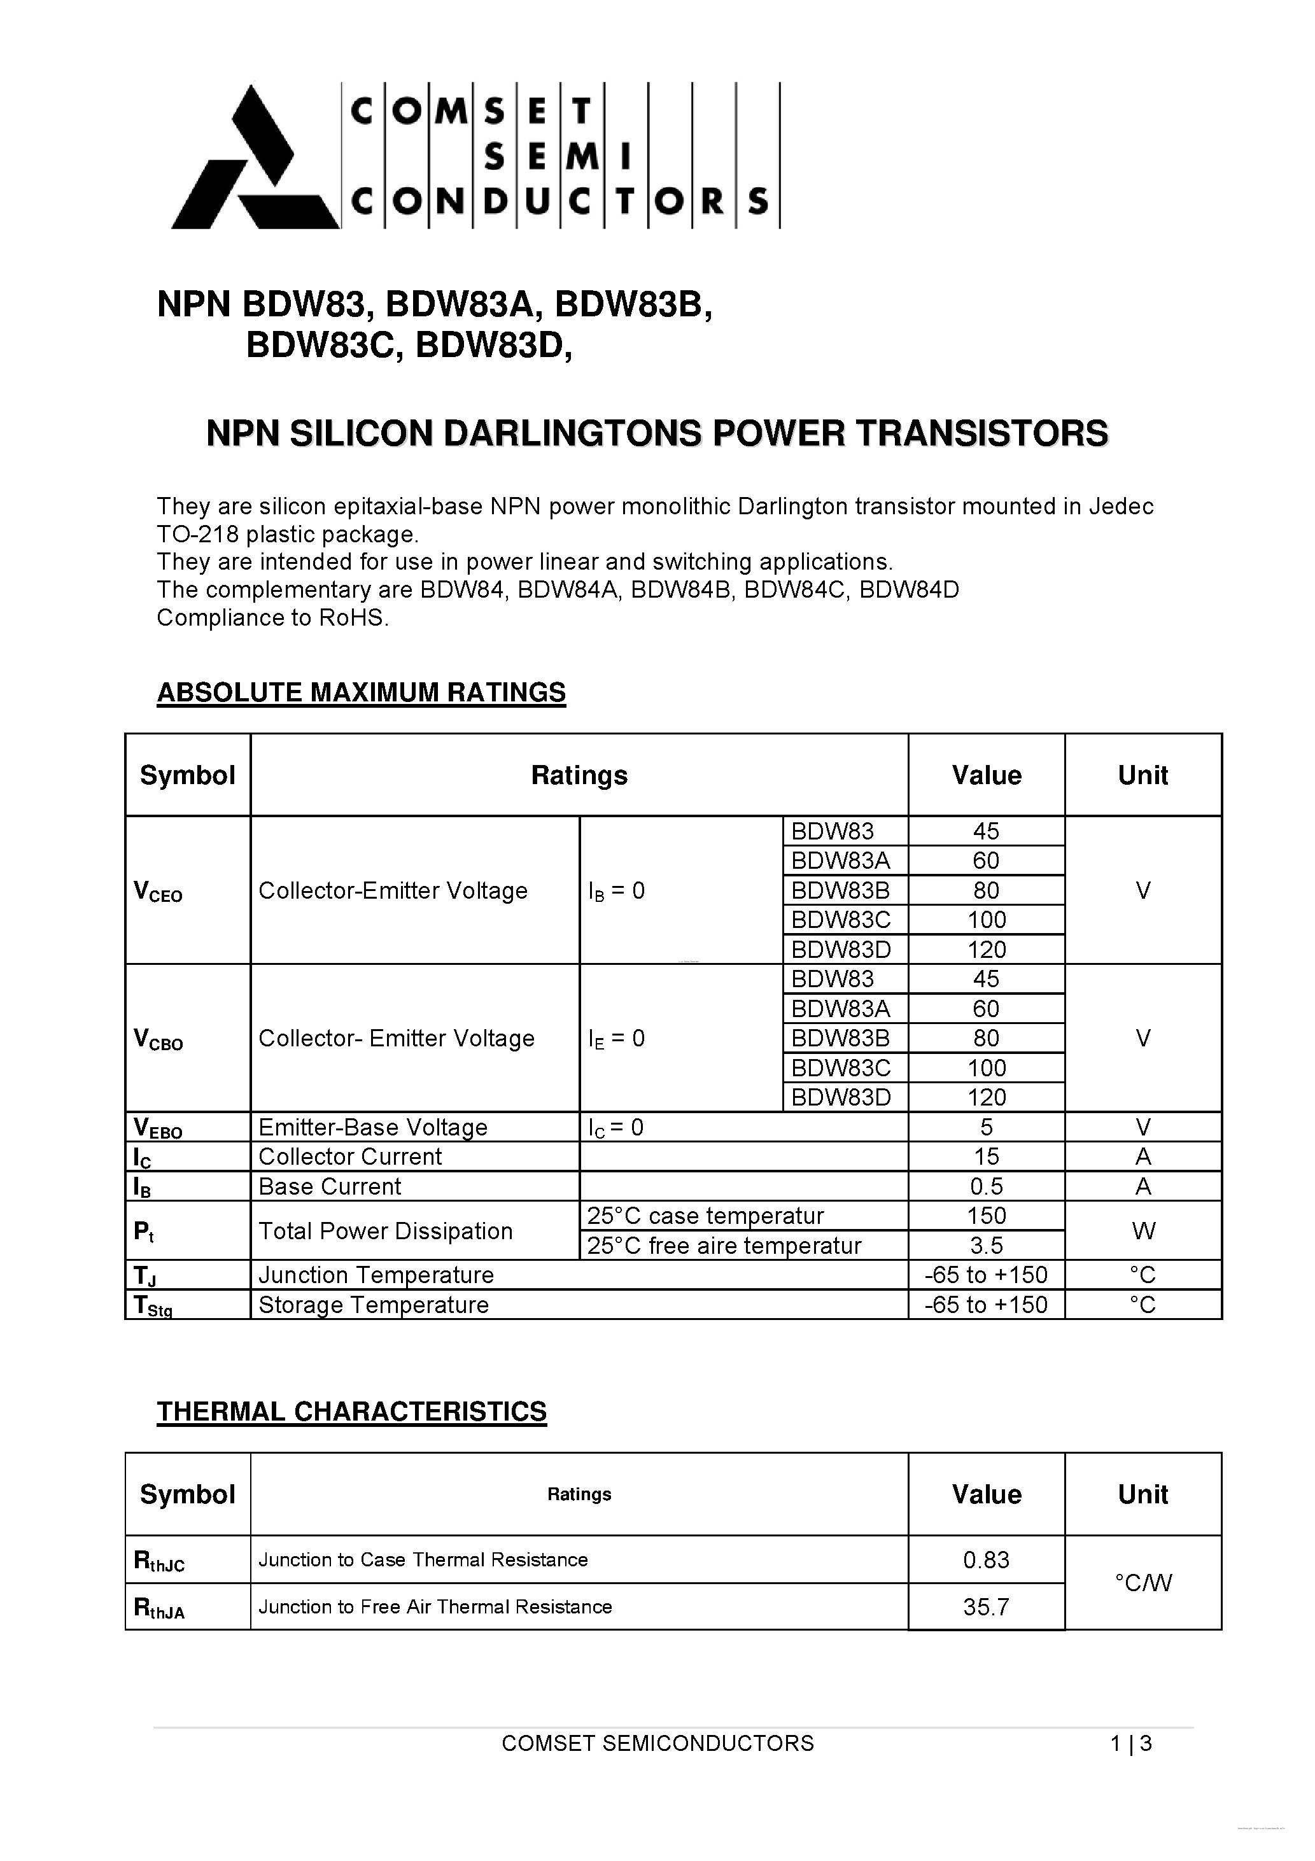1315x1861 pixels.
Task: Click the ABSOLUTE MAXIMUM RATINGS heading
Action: coord(361,692)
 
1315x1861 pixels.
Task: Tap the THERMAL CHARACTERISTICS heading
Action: coord(351,1411)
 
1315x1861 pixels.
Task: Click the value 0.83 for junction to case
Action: coord(986,1561)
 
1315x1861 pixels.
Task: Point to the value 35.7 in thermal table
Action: coord(986,1607)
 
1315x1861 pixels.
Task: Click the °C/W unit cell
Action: coord(1143,1583)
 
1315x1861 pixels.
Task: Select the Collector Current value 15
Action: coord(986,1156)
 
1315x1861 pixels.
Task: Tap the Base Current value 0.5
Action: coord(986,1186)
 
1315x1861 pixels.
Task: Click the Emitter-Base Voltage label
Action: coord(373,1127)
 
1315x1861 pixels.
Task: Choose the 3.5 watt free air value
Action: coord(986,1246)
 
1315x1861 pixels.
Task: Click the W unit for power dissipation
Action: coord(1143,1231)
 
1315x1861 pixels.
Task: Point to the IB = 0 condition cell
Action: coord(617,892)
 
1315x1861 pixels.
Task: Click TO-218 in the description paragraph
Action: coord(197,535)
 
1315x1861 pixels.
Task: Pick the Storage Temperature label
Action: coord(374,1305)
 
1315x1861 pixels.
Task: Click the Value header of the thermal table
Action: coord(986,1494)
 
